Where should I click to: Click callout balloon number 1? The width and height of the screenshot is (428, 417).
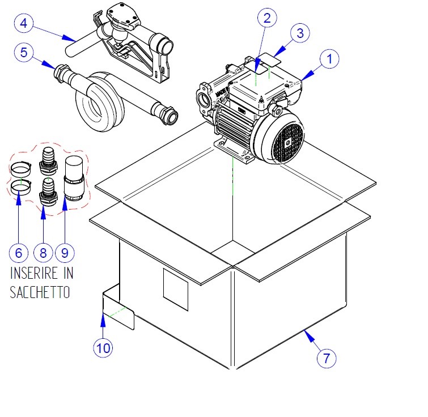329,58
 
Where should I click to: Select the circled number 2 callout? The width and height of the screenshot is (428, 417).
267,18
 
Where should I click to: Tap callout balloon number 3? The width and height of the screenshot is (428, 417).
301,33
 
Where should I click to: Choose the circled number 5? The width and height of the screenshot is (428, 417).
24,53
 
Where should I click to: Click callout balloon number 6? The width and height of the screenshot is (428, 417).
19,251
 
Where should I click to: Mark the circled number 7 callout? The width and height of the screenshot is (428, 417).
327,358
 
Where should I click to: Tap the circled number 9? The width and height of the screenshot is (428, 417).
65,251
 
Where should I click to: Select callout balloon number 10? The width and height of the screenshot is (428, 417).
103,347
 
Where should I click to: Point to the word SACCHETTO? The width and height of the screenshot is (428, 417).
40,293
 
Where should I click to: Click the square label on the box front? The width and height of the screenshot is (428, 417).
175,289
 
